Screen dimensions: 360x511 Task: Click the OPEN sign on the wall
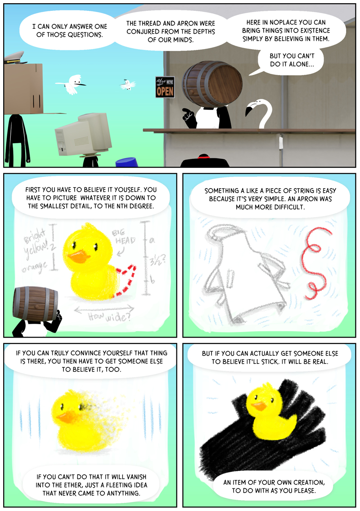165,87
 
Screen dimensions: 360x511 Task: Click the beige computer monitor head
83,134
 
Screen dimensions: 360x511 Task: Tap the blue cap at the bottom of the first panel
127,162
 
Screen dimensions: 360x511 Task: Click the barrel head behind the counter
212,84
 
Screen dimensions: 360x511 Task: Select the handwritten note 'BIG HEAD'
123,237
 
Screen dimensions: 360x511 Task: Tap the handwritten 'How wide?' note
109,316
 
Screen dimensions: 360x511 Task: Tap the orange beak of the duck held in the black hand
259,406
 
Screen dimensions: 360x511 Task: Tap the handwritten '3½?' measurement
157,261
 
